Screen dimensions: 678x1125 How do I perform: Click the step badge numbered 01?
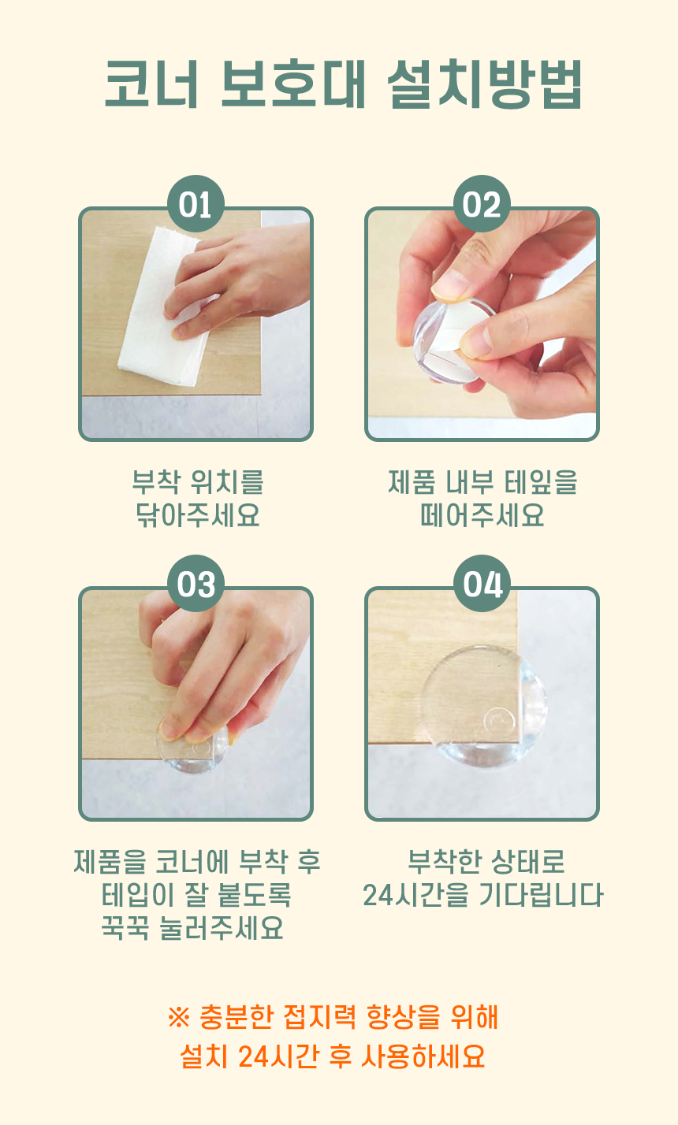click(196, 203)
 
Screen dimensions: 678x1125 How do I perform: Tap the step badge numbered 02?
click(482, 203)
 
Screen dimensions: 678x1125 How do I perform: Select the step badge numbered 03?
click(196, 583)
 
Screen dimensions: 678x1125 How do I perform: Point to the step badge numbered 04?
click(482, 583)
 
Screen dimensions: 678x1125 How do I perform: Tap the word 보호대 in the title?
click(293, 84)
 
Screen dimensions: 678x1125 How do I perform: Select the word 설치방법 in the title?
click(485, 84)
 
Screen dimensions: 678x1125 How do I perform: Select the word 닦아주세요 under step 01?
click(198, 514)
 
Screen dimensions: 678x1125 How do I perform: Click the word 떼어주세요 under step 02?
click(482, 514)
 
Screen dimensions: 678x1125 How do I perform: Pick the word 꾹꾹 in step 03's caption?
click(125, 927)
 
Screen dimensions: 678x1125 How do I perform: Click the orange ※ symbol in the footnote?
click(179, 1018)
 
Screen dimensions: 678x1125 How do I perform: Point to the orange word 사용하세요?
click(423, 1056)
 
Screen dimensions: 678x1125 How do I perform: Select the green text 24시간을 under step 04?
click(415, 894)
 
